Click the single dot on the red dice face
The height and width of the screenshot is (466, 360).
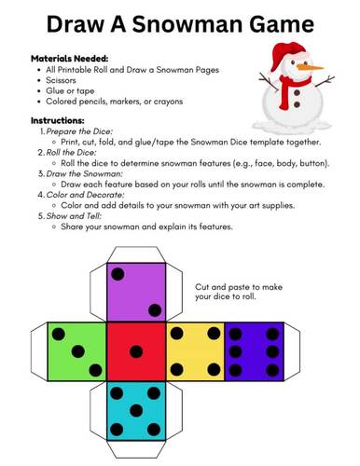point(136,351)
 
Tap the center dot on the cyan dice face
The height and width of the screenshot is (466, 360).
point(136,410)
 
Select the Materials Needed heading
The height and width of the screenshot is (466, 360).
point(70,58)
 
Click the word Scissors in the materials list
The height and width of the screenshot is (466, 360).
point(64,80)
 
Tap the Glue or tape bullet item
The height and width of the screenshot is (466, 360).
point(71,90)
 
